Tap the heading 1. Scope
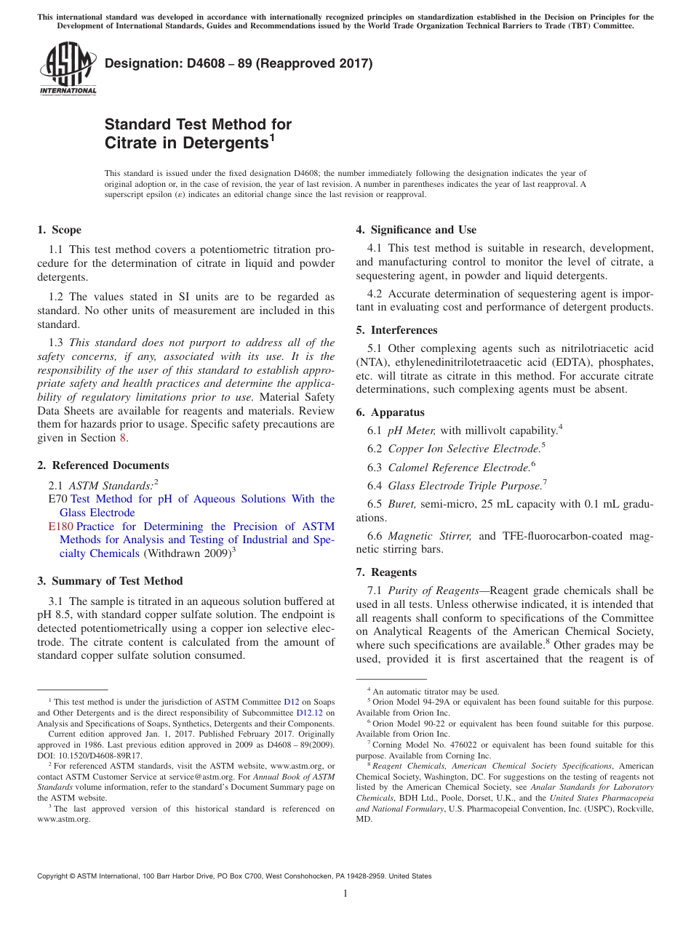tap(59, 230)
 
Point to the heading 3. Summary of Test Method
tap(110, 581)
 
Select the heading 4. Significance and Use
tap(416, 230)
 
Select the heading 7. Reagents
tap(386, 572)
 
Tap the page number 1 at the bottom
tap(345, 894)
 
